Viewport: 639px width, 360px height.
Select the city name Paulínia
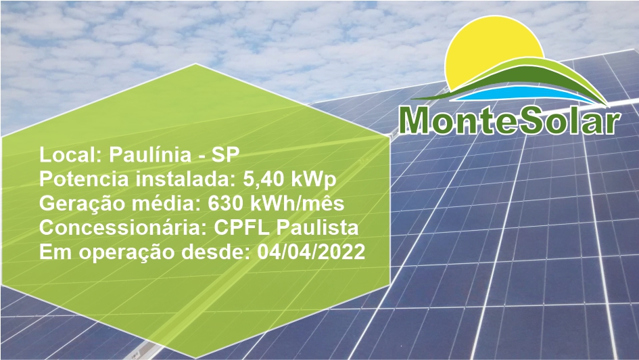pos(150,154)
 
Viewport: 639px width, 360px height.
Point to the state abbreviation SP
pos(225,154)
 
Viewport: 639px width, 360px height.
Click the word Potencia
pos(84,179)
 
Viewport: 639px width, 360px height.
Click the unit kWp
pos(313,180)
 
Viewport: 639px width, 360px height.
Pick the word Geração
pos(82,204)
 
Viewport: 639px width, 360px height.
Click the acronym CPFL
pos(241,228)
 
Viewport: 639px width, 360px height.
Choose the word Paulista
pos(317,227)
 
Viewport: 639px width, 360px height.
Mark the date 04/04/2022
pos(311,252)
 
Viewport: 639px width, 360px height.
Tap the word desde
pos(215,252)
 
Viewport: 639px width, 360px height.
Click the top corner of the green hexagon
pos(195,64)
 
